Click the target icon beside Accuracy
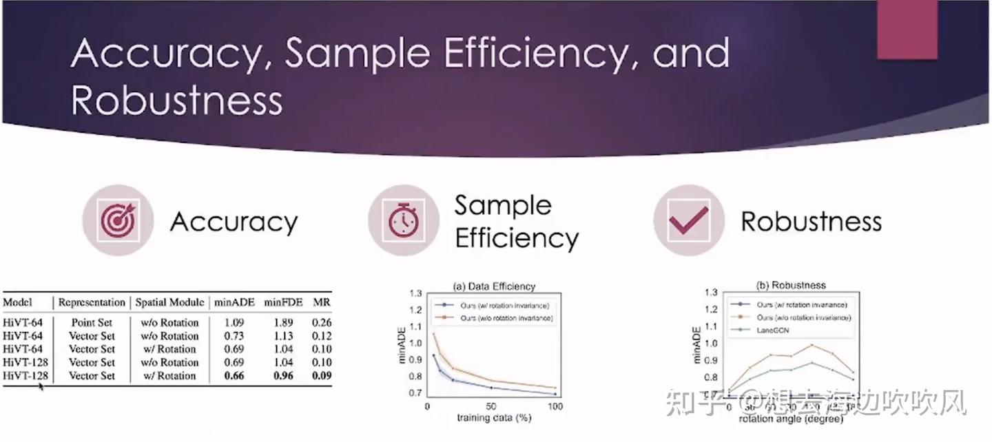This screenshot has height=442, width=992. (x=118, y=220)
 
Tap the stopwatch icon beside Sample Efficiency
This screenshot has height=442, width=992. (x=403, y=220)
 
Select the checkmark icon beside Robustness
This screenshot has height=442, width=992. (x=688, y=220)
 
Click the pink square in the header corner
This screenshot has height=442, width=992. (x=907, y=30)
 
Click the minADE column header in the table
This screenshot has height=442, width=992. (x=234, y=302)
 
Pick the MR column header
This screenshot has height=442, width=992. (x=321, y=302)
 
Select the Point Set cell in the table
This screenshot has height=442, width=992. (x=92, y=322)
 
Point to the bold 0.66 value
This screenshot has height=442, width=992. (x=234, y=376)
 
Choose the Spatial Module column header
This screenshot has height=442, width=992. (x=169, y=302)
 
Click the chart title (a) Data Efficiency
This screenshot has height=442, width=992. (x=493, y=286)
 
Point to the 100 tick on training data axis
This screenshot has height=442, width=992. (x=555, y=407)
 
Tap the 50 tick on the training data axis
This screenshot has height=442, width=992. (x=491, y=407)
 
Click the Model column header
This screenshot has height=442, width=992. (x=18, y=302)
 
